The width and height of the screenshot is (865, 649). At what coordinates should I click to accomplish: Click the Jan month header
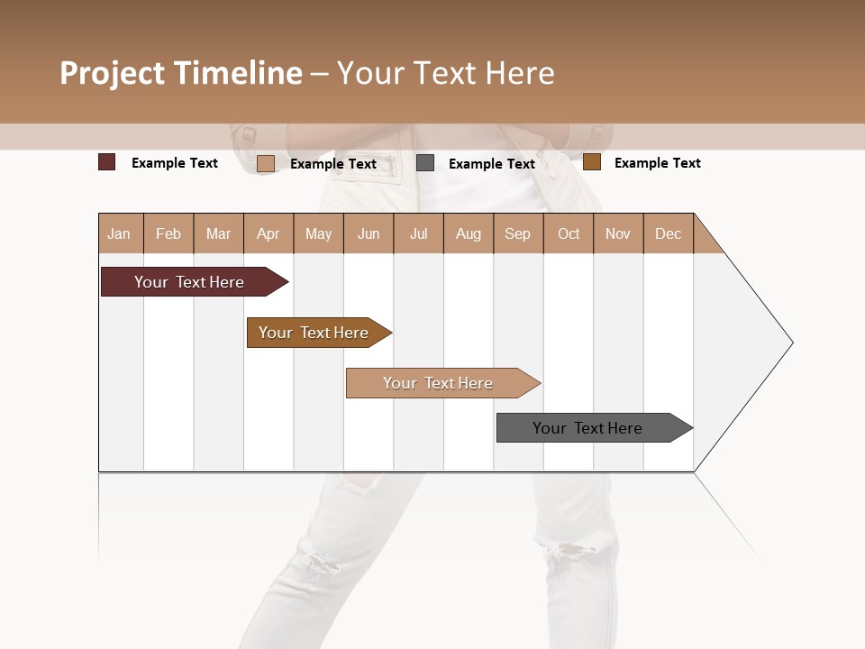[120, 233]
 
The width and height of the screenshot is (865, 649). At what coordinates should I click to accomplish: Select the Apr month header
[269, 233]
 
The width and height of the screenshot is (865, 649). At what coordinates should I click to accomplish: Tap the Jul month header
[419, 233]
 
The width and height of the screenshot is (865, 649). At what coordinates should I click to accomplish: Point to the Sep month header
[518, 233]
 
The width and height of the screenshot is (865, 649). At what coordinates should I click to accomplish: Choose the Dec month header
[668, 233]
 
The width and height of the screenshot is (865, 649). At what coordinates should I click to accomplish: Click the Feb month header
[168, 233]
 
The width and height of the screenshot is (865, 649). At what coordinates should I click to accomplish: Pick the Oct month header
[569, 233]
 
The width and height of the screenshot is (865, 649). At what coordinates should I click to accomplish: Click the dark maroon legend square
[107, 162]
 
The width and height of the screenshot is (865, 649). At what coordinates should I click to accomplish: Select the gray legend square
[425, 163]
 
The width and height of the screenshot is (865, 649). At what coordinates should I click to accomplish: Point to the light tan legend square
[266, 163]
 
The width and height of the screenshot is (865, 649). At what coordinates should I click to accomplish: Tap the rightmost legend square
[591, 162]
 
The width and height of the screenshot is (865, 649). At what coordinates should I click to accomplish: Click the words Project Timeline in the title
[181, 73]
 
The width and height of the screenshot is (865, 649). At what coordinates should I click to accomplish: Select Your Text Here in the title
[445, 73]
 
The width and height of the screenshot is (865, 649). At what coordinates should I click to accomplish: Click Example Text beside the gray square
[491, 164]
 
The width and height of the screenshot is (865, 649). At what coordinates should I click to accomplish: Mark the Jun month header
[369, 233]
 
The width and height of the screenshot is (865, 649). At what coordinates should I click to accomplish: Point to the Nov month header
[618, 233]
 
